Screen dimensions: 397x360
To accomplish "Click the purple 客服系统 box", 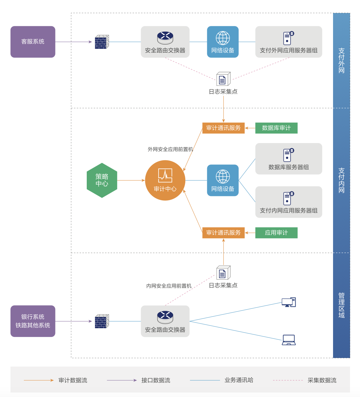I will coord(33,42).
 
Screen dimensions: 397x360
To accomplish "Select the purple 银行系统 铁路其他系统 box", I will coord(33,321).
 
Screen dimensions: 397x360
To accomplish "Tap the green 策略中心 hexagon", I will coord(102,180).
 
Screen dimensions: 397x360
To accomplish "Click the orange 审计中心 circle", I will coord(165,180).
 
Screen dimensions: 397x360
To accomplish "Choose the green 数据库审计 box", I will coord(276,128).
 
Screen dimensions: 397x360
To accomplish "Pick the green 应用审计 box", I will coord(276,233).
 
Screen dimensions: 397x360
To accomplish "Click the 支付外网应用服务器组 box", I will coord(288,42).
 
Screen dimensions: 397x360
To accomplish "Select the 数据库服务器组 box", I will coord(288,159).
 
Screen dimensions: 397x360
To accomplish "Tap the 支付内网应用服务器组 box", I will coord(288,202).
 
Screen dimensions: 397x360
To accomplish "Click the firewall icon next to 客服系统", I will coord(102,42).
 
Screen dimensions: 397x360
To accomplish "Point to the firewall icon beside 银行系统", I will coord(102,321).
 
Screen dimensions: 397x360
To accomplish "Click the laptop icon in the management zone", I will coord(289,340).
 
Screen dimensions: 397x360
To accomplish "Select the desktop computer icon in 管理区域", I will coord(289,302).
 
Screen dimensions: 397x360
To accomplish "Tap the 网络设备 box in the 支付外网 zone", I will coord(223,42).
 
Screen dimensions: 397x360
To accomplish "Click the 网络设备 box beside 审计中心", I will coord(223,180).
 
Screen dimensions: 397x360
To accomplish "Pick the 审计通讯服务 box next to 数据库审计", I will coord(223,128).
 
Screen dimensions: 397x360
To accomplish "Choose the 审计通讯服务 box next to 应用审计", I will coord(223,233).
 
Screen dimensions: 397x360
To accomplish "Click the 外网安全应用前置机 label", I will coord(170,149).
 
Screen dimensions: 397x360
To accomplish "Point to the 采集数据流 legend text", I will coord(322,380).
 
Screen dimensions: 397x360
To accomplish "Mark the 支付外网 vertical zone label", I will coord(341,60).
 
